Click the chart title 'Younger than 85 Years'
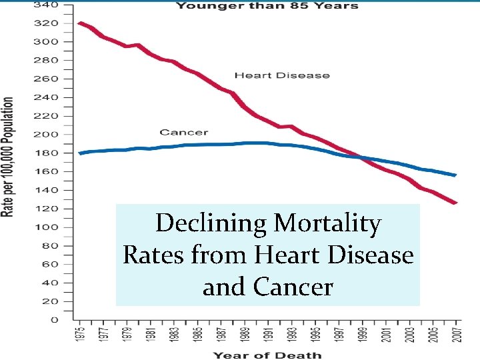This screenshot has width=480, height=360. coord(267,6)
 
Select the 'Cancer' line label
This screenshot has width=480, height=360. coord(183,133)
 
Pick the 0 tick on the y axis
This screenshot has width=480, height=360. coord(53,320)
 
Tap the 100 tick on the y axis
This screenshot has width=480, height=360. coord(49,227)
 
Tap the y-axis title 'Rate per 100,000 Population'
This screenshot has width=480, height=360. coord(9,157)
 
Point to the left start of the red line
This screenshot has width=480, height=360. coord(80,23)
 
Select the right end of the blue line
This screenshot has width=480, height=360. coord(455,175)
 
